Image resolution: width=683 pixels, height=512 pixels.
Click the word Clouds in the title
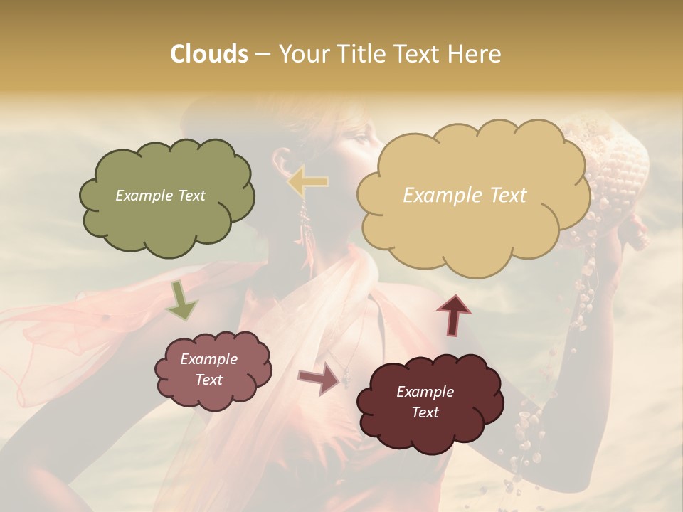209,54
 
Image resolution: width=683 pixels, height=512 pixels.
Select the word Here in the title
475,54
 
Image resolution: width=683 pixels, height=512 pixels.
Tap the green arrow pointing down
182,300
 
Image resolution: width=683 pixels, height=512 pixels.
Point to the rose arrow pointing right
319,378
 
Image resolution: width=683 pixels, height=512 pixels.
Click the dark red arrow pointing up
453,314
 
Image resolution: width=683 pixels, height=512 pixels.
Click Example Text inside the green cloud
160,196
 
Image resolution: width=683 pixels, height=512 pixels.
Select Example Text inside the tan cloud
465,196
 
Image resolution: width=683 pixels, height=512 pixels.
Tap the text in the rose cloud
209,369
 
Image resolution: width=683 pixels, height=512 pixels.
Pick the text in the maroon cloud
425,402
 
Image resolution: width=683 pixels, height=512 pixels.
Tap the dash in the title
263,54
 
